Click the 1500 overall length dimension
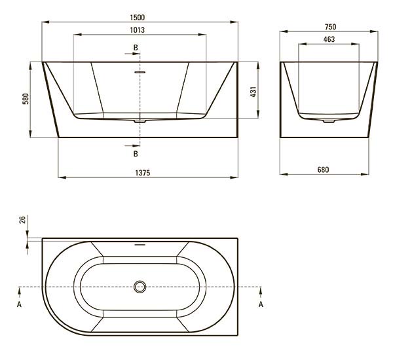click(138, 18)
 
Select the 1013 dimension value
click(138, 30)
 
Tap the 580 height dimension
click(26, 99)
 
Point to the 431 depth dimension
click(253, 92)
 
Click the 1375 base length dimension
click(143, 173)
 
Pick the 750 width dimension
click(330, 27)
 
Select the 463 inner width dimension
click(329, 39)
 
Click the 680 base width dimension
click(323, 170)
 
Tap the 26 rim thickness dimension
click(22, 220)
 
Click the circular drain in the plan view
click(140, 287)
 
